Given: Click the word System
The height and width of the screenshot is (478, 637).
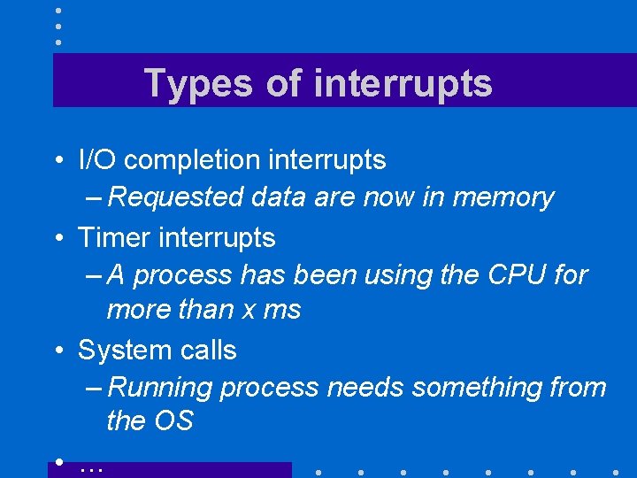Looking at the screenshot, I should coord(122,350).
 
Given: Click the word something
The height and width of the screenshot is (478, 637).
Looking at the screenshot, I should coord(464,388).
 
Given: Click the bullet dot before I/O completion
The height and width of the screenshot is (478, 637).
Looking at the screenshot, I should coord(57,161).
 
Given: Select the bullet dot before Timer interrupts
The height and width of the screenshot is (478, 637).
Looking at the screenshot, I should coord(57,238).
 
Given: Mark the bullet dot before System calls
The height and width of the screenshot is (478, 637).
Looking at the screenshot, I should coord(57,351).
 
